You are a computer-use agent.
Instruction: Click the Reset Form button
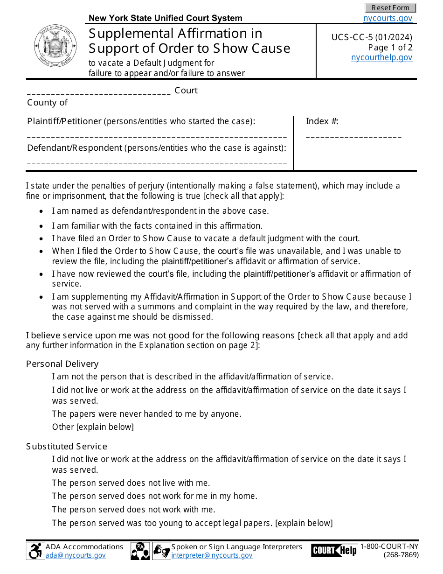(x=390, y=8)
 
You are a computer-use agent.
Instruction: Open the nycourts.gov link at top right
(x=388, y=18)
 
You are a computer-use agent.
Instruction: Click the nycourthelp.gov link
(x=381, y=57)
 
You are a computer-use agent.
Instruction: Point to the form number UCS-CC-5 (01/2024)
(x=372, y=38)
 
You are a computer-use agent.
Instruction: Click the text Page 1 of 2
(x=390, y=48)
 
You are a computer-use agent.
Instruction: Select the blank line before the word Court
(x=99, y=92)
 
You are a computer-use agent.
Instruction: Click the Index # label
(x=322, y=121)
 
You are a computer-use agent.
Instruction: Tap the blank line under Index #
(x=353, y=137)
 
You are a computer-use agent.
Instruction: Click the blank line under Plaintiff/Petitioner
(x=157, y=137)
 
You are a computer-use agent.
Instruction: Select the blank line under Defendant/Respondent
(x=157, y=163)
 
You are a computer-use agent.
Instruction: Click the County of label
(x=47, y=103)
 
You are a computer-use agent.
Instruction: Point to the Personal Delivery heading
(x=62, y=364)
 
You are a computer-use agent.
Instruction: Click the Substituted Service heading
(x=66, y=446)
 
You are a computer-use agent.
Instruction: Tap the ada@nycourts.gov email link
(x=76, y=555)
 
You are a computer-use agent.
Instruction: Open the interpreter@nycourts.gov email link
(x=212, y=555)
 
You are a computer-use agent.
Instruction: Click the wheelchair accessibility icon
(x=35, y=551)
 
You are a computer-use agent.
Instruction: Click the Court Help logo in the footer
(x=334, y=550)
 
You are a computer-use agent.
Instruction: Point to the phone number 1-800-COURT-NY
(x=389, y=546)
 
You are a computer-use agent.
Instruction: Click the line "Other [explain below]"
(x=93, y=427)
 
